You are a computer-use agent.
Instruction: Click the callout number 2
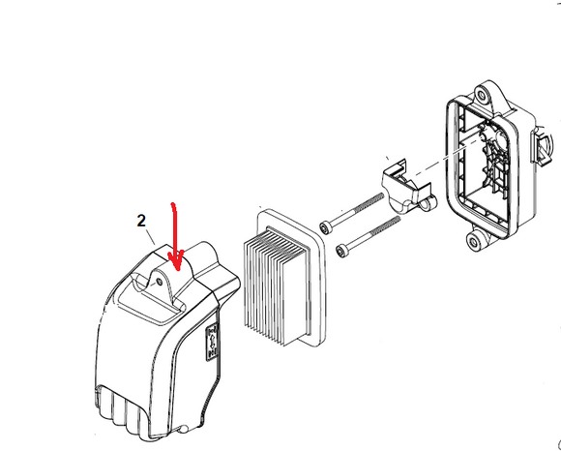(141, 221)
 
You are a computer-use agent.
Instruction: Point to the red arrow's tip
(177, 270)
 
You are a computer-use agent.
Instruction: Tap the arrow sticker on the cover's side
(212, 343)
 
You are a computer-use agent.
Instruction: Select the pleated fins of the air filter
(275, 286)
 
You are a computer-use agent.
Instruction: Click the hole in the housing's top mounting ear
(483, 96)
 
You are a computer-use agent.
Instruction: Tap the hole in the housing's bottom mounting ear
(474, 243)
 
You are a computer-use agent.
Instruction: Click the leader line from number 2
(151, 237)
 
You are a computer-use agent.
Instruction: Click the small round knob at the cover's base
(184, 429)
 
